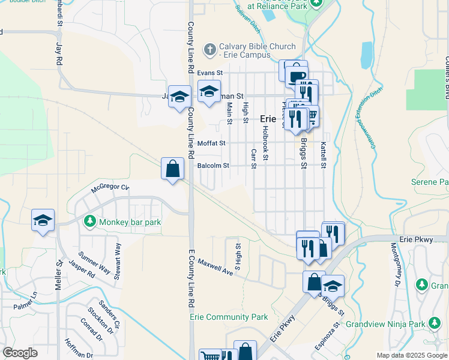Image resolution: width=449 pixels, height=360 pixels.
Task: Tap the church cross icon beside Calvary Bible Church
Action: click(209, 49)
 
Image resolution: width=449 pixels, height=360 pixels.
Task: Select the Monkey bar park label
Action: click(130, 222)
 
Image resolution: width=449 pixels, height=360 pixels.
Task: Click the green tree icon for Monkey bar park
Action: click(90, 221)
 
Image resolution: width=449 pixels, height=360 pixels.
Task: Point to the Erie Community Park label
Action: click(229, 317)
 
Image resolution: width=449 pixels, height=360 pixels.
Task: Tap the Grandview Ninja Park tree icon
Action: click(432, 324)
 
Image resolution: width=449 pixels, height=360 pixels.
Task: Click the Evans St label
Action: click(209, 73)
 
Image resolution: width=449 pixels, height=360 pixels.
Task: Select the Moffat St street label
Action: click(211, 143)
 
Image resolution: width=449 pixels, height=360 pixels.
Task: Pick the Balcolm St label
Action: click(213, 166)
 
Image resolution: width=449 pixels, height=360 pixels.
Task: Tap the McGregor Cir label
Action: click(110, 188)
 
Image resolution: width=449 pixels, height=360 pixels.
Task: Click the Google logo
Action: click(20, 353)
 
